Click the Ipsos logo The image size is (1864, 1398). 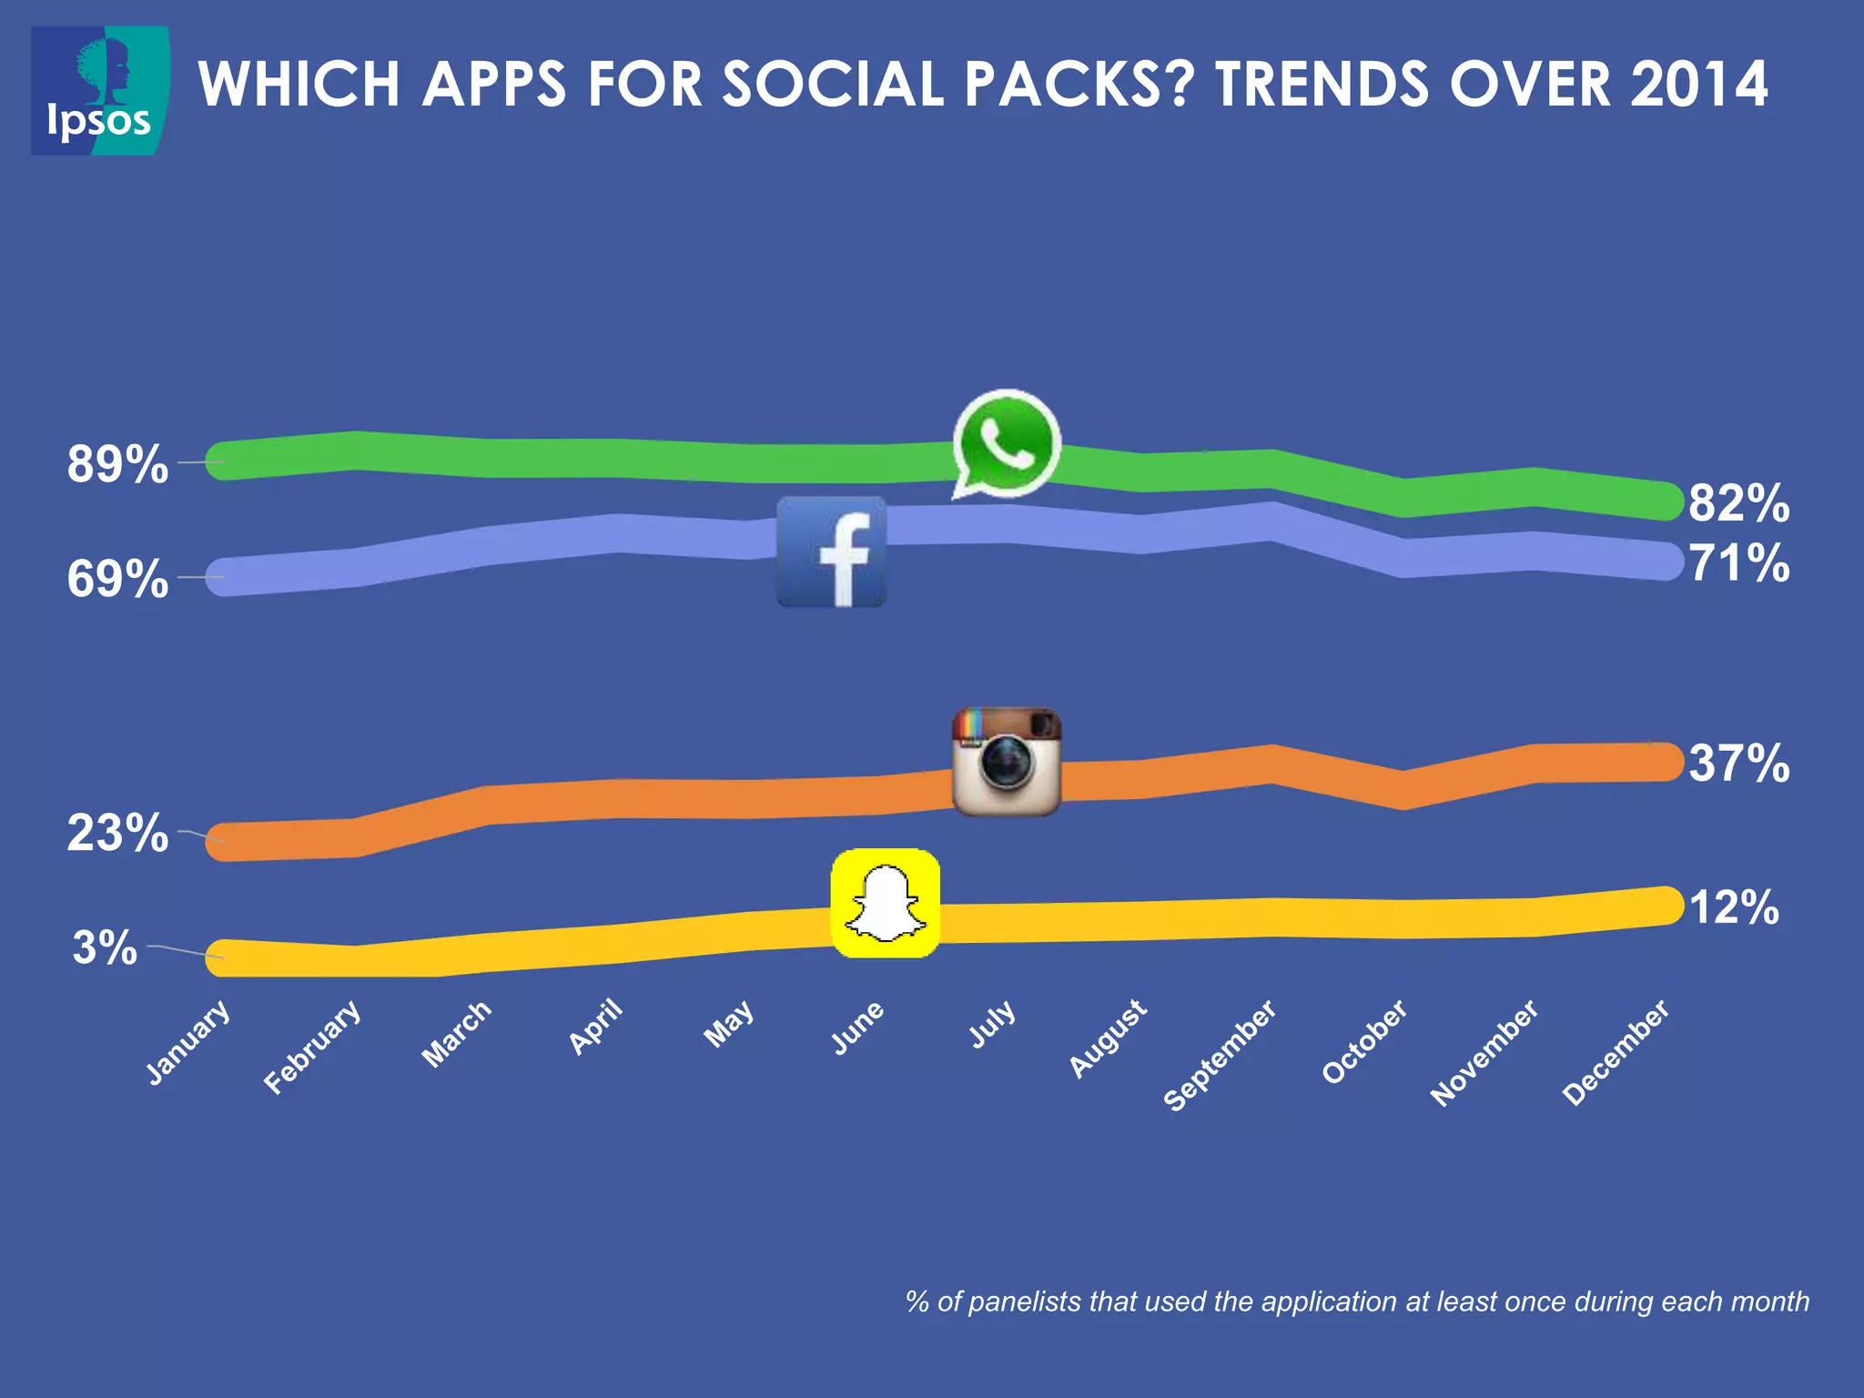[100, 90]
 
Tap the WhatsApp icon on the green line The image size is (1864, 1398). [1006, 442]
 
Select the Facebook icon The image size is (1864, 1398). [831, 552]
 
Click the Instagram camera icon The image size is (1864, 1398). [1006, 761]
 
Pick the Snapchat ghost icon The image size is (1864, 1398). [885, 903]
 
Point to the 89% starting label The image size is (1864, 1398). [117, 464]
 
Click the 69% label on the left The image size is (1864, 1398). [117, 579]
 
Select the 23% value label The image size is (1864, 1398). [117, 833]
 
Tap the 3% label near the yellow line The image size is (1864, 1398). [105, 947]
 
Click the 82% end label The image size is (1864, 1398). [1738, 503]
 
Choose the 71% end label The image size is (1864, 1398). [1738, 562]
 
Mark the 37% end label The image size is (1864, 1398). [1738, 763]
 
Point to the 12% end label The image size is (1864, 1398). [1733, 907]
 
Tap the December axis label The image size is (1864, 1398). [1616, 1051]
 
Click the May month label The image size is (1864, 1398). [729, 1023]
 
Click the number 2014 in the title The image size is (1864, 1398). [1698, 84]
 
